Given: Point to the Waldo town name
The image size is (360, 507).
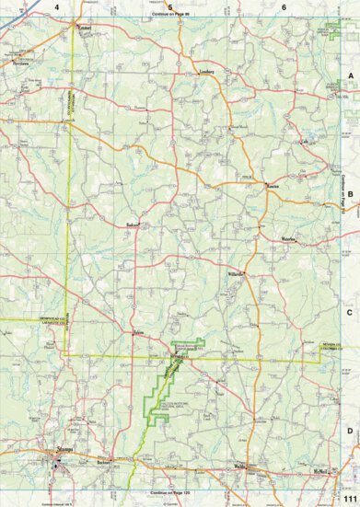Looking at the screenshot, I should pos(242,467).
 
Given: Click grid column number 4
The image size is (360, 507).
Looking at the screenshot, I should pos(56,7).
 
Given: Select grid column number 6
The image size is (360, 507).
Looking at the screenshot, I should pos(285,7).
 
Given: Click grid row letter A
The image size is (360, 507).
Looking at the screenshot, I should pos(350,78).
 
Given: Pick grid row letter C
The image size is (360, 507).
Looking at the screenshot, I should pos(350,312).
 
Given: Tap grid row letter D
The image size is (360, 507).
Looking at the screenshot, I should pos(350,430).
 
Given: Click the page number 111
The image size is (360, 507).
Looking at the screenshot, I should pos(348,497).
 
